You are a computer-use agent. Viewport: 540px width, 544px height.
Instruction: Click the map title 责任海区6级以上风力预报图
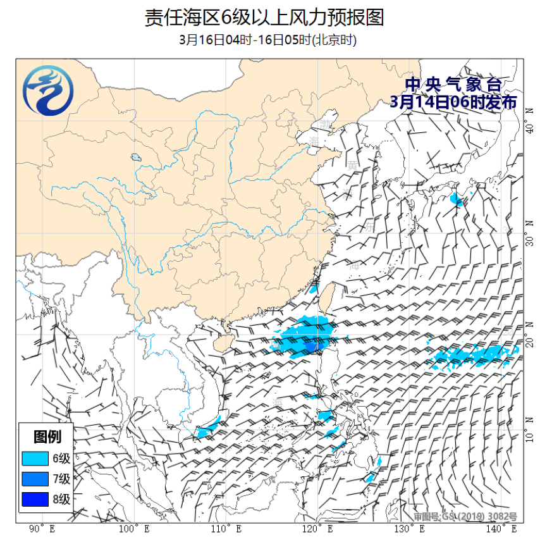264,17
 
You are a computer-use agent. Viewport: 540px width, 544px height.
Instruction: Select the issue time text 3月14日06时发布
453,102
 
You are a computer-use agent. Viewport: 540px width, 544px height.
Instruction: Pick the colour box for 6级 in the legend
35,458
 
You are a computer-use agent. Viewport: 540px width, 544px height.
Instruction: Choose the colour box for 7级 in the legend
35,478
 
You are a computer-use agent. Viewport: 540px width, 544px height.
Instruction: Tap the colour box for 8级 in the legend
35,499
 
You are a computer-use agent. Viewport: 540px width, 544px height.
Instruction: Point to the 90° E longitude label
42,528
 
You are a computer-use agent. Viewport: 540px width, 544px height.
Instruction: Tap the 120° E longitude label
317,528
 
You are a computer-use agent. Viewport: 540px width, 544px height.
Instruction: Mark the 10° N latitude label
530,436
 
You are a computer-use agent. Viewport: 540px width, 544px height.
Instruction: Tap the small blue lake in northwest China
135,158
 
